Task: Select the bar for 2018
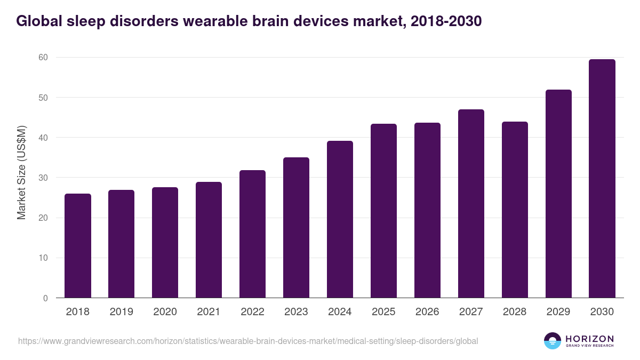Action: tap(78, 246)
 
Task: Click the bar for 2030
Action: tap(602, 179)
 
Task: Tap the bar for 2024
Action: tap(340, 219)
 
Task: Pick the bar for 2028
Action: tap(515, 210)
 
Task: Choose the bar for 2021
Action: tap(209, 240)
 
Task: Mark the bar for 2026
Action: tap(427, 210)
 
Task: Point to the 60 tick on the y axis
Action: tap(43, 58)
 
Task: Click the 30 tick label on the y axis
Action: tap(43, 178)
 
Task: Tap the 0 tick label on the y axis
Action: tap(45, 298)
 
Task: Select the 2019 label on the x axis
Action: tap(122, 312)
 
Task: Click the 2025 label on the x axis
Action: tap(383, 312)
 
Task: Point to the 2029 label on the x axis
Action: tap(558, 312)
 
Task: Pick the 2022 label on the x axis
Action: tap(252, 312)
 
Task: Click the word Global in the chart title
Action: tap(40, 21)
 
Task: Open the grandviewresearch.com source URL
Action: tap(248, 341)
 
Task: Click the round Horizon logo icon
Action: tap(553, 341)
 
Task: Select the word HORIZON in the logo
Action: tap(589, 339)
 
